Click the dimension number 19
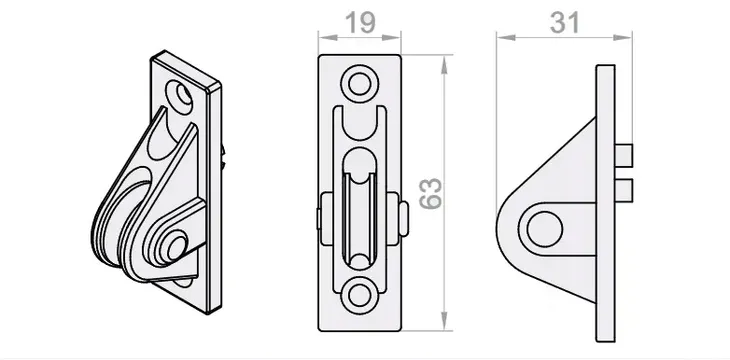tap(360, 22)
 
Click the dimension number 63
tap(431, 193)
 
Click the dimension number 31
tap(565, 22)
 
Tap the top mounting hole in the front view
tap(359, 84)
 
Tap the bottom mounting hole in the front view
tap(359, 295)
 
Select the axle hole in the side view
tap(545, 229)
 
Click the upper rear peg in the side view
tap(624, 156)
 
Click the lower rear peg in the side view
tap(624, 190)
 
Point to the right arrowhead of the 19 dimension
tap(392, 37)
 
